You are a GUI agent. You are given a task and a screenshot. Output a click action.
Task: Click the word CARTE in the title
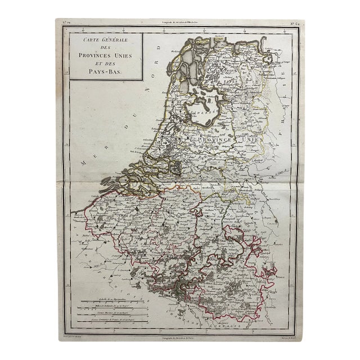[x=84, y=40]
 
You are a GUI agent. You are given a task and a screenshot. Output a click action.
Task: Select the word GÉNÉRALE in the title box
[x=115, y=40]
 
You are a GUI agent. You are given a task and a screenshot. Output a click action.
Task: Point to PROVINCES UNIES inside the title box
[x=105, y=56]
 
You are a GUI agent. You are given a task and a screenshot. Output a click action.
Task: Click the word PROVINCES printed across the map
[x=220, y=138]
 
